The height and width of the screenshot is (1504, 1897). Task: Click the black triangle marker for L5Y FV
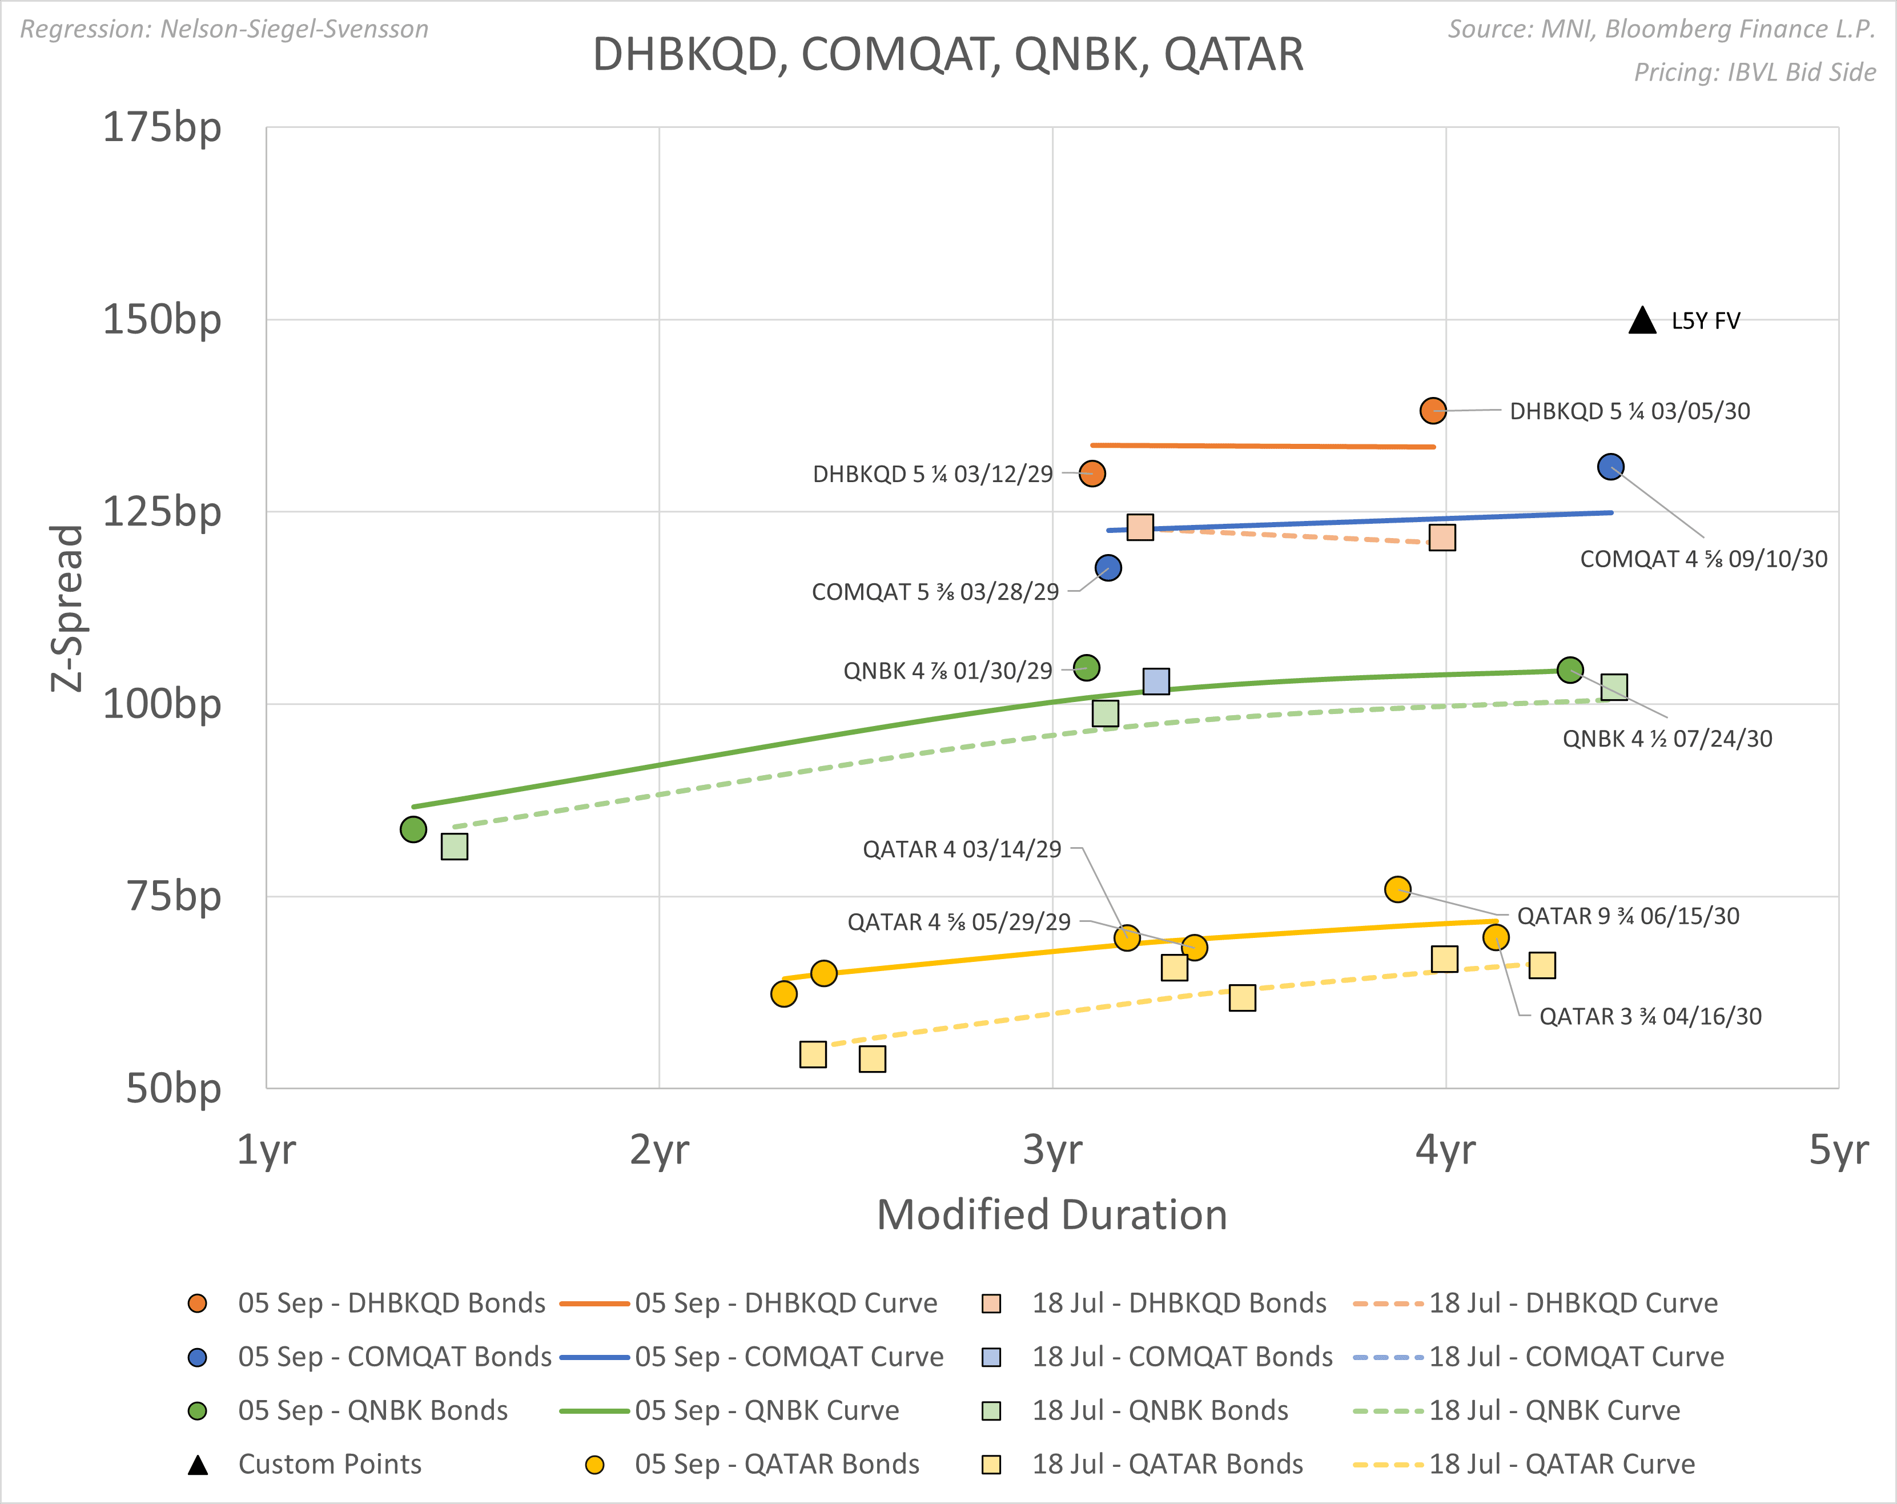1642,321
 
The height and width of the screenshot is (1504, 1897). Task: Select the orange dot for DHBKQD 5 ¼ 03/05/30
1432,410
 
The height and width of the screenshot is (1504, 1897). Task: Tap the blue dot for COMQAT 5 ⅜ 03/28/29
1108,568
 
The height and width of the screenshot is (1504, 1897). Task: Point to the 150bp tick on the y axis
162,319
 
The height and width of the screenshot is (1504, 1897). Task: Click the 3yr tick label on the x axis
1052,1149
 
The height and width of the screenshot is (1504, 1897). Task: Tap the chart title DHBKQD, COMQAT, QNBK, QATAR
947,55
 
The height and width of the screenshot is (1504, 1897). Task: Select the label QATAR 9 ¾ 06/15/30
1628,916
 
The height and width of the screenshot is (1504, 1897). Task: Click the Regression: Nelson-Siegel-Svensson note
224,29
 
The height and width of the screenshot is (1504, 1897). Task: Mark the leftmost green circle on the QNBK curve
413,829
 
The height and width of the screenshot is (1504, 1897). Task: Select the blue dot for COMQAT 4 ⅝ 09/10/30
1610,467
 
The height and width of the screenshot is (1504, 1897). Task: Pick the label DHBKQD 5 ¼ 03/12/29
933,474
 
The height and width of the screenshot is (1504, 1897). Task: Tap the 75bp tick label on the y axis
174,897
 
